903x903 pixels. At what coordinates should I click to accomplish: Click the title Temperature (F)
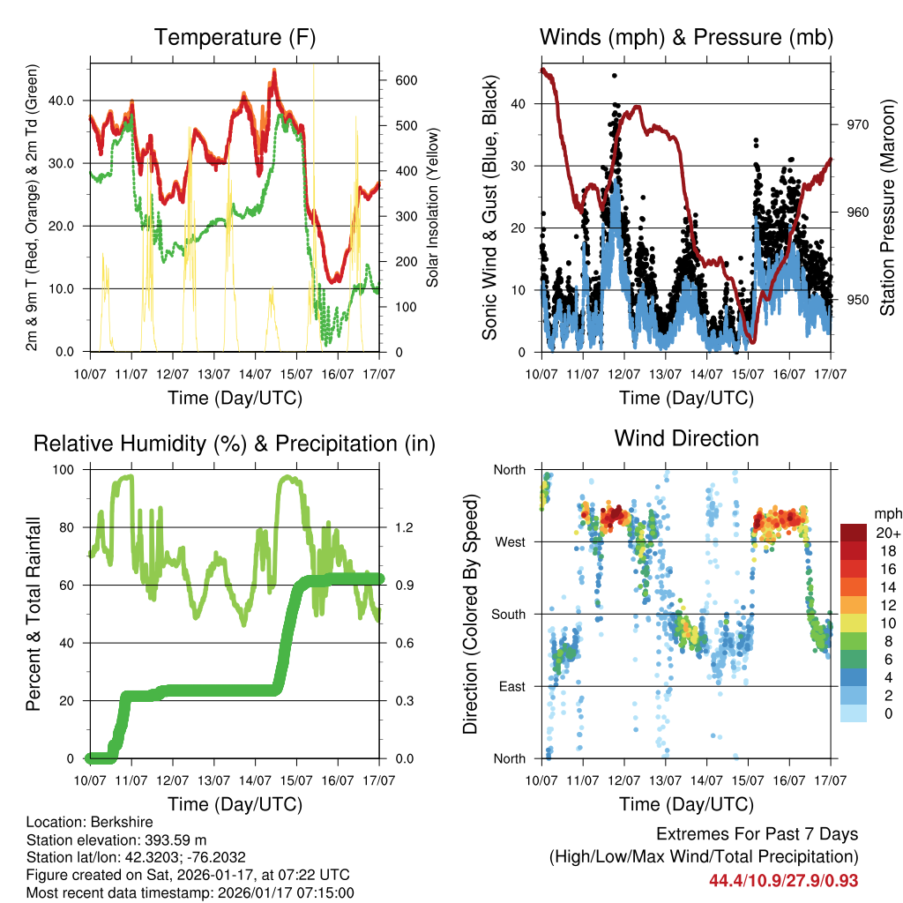(235, 38)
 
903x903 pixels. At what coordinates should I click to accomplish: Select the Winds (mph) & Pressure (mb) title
(686, 38)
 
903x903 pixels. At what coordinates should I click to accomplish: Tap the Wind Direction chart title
(686, 438)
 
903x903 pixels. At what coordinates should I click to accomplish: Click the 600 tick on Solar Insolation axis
(405, 80)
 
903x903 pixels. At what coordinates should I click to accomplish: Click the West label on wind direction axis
(510, 541)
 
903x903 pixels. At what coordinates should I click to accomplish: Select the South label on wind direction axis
(508, 614)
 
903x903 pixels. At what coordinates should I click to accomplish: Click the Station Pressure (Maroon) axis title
(887, 206)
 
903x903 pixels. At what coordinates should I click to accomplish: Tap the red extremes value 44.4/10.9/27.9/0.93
(783, 880)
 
